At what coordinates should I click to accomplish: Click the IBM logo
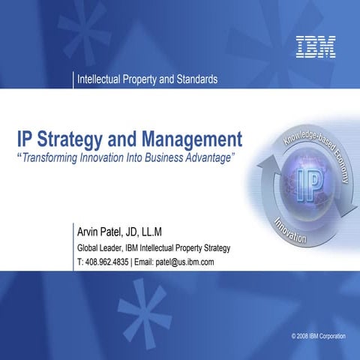coord(315,46)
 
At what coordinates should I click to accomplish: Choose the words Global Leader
coord(102,247)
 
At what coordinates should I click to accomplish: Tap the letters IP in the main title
coord(28,139)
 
